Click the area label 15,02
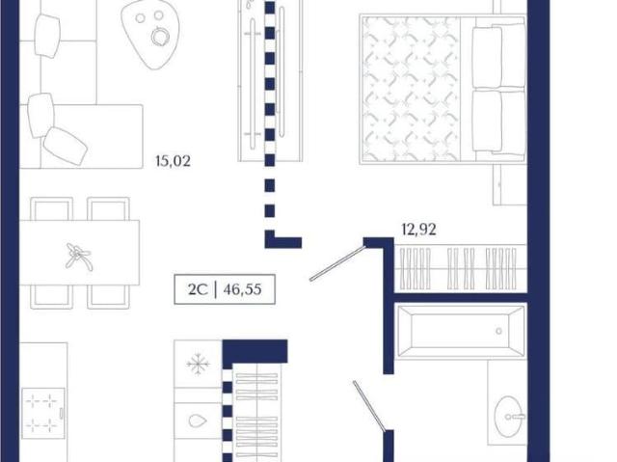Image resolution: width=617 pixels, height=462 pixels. click(x=174, y=161)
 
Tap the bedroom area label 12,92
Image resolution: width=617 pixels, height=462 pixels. click(x=418, y=230)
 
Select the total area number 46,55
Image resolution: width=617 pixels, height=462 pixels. click(x=242, y=289)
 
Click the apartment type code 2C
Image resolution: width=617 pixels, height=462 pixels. click(x=197, y=289)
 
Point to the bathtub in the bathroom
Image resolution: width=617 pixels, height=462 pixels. click(x=461, y=332)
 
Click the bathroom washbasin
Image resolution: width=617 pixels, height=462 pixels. click(x=509, y=417)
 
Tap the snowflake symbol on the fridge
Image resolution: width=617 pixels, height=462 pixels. click(x=198, y=364)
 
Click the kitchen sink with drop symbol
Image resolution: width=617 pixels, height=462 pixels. click(x=198, y=421)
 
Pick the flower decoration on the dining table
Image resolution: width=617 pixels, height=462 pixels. click(x=79, y=257)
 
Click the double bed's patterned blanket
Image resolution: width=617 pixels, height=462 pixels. click(x=412, y=90)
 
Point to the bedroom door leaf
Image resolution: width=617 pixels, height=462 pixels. click(x=337, y=263)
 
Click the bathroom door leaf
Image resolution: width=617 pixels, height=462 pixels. click(x=369, y=406)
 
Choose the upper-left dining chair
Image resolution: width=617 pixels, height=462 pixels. click(x=51, y=209)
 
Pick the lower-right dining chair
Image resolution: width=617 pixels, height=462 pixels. click(x=108, y=297)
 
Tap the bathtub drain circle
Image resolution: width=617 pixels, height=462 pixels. click(x=499, y=332)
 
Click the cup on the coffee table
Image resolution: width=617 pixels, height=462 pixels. click(x=159, y=36)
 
